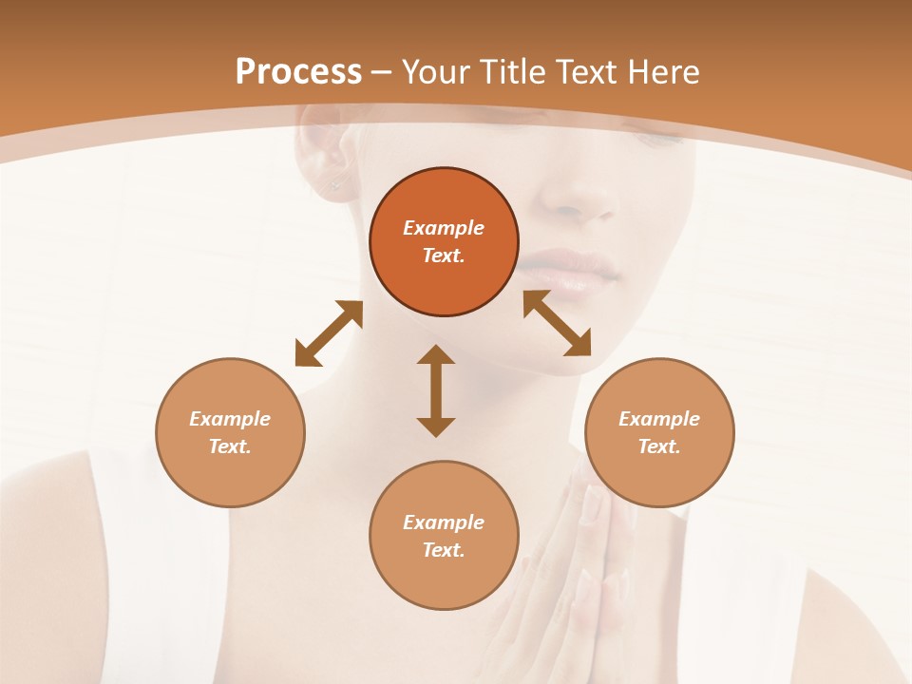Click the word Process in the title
tap(298, 72)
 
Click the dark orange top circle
tap(444, 242)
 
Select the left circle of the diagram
tap(230, 432)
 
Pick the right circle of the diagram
tap(659, 432)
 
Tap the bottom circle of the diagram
tap(444, 535)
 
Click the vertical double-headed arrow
tap(436, 390)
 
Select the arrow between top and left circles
tap(329, 333)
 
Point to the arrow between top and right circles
tap(557, 323)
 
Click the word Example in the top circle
tap(444, 228)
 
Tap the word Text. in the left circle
tap(230, 446)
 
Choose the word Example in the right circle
tap(659, 419)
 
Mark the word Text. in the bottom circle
tap(444, 550)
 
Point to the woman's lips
tap(570, 266)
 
